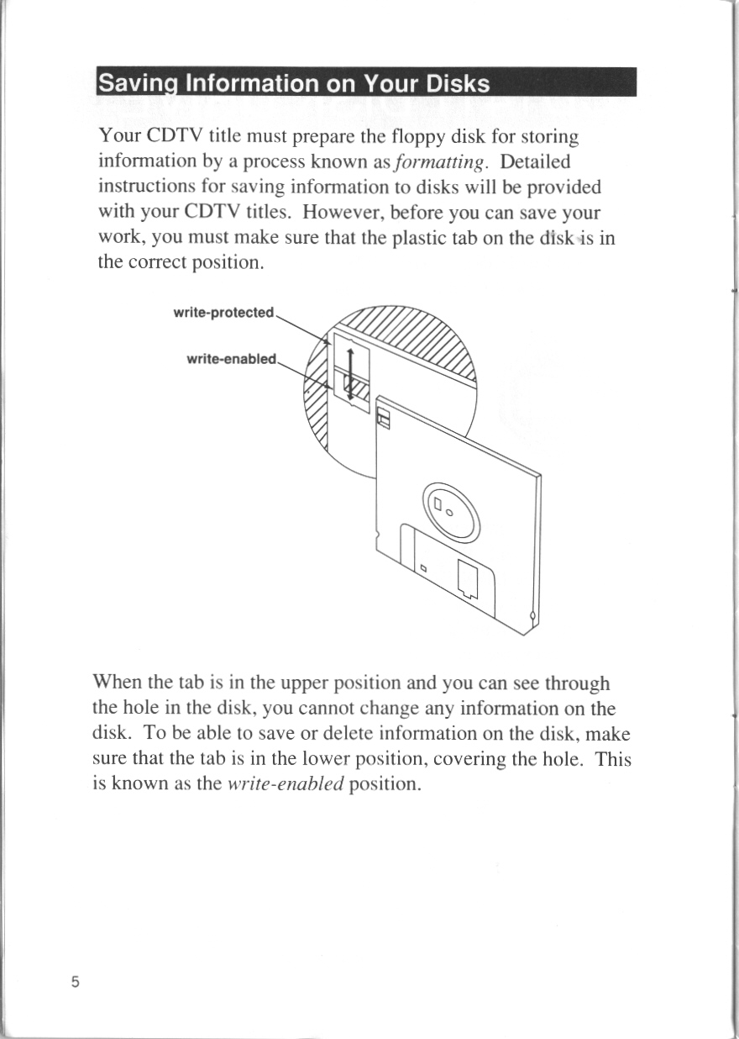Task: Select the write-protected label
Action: pos(223,314)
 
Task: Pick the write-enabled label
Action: pos(231,359)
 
